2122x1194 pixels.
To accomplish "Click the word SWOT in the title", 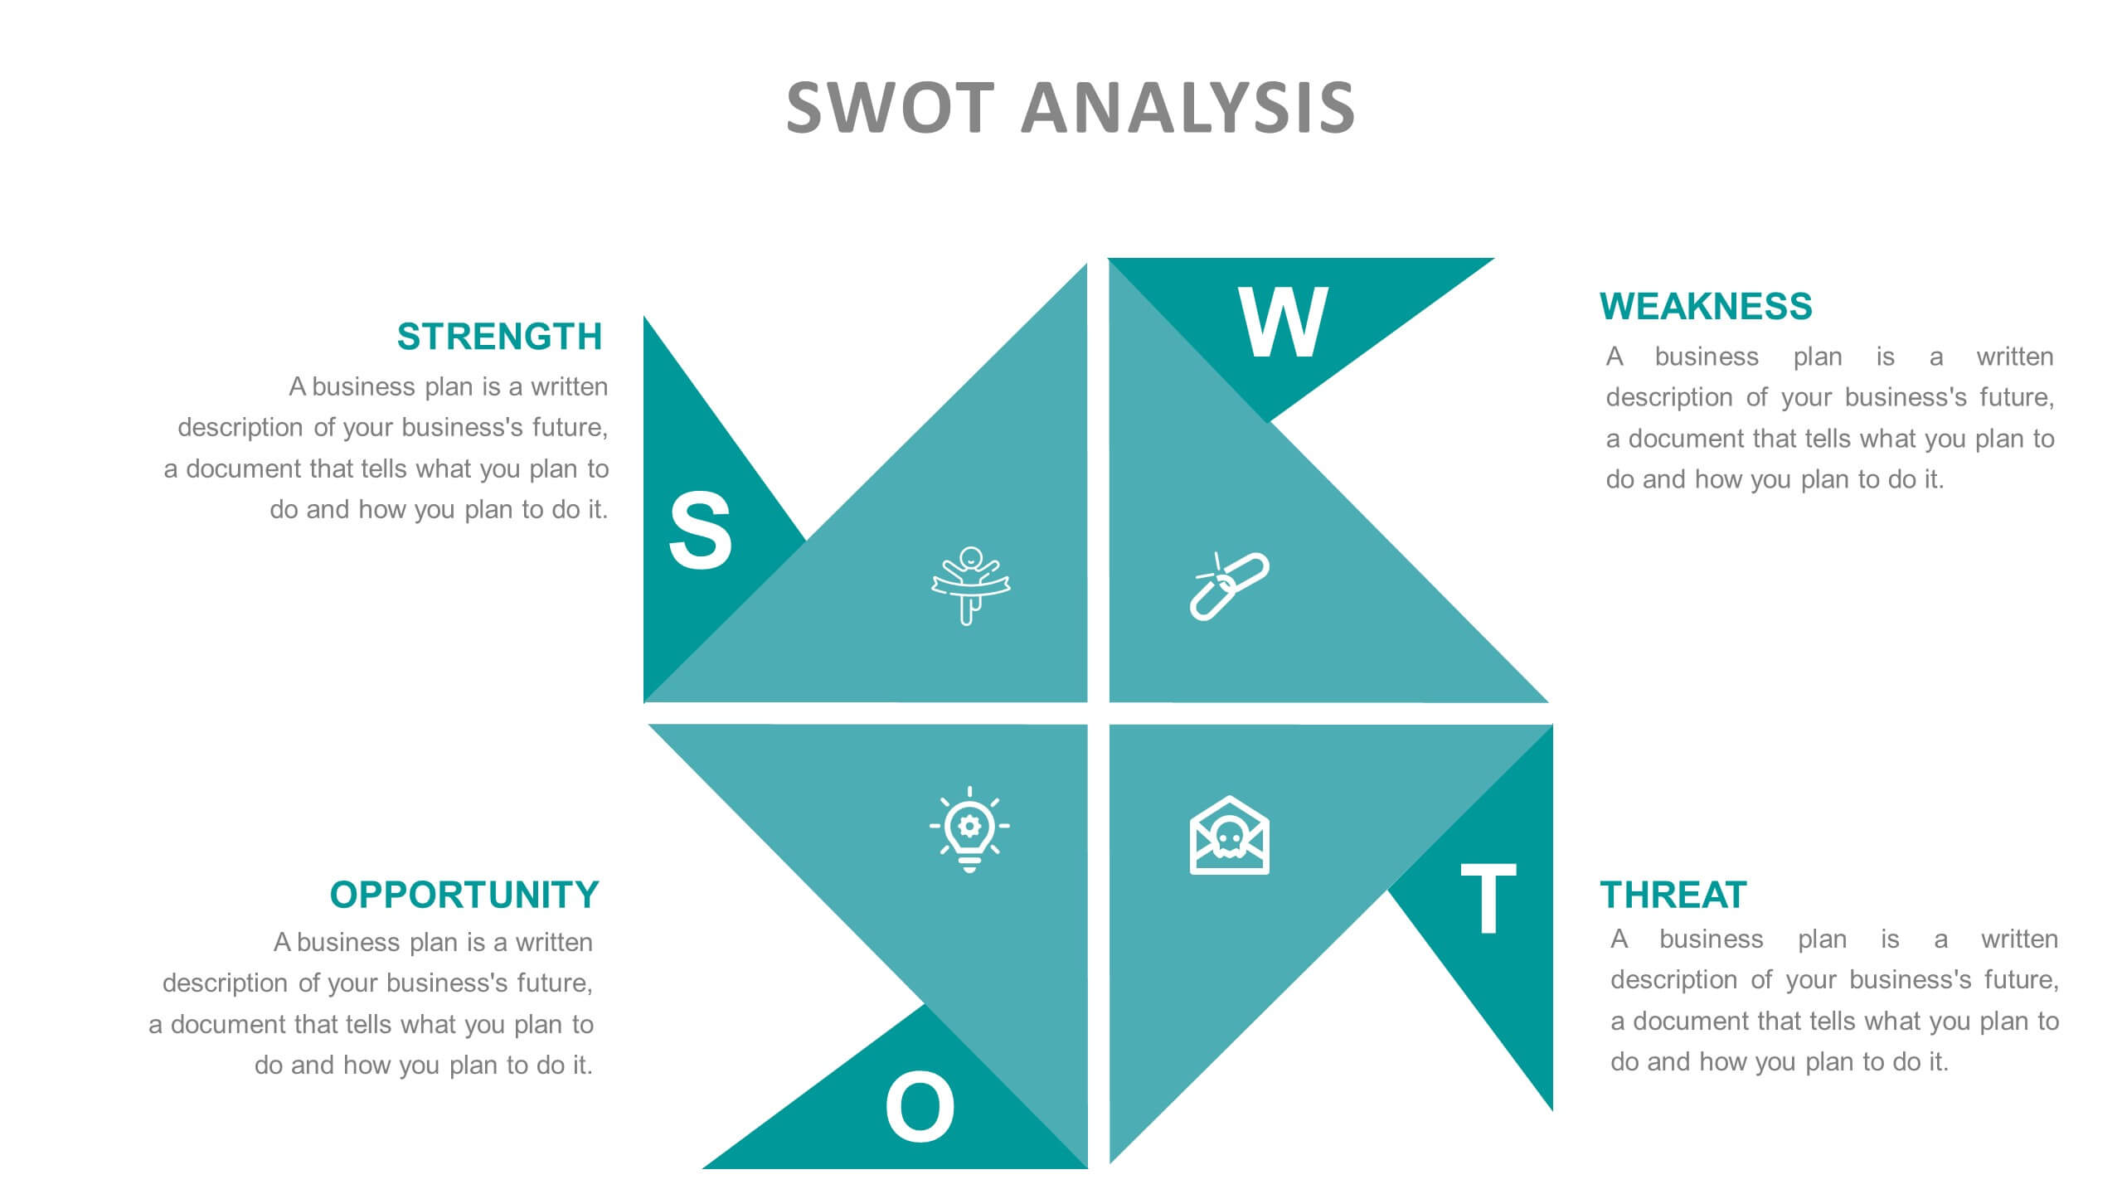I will point(890,108).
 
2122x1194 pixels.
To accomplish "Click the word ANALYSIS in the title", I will point(1187,108).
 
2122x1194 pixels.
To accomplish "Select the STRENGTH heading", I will point(499,337).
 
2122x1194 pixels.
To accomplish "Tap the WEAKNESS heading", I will point(1706,306).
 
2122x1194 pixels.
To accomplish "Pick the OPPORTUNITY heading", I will point(464,895).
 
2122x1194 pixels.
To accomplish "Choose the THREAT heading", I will point(1673,895).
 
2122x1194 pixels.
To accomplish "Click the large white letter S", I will point(700,531).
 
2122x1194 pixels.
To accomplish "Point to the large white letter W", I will point(1283,323).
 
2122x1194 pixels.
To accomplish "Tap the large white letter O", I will point(920,1107).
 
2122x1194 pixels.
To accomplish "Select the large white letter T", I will point(1488,898).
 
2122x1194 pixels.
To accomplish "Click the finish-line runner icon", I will point(969,585).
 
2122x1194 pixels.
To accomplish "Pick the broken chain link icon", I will point(1229,585).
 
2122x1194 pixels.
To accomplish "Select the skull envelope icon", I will point(1229,836).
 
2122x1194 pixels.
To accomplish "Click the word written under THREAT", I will point(2019,939).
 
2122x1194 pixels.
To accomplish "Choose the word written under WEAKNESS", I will point(2014,357).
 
